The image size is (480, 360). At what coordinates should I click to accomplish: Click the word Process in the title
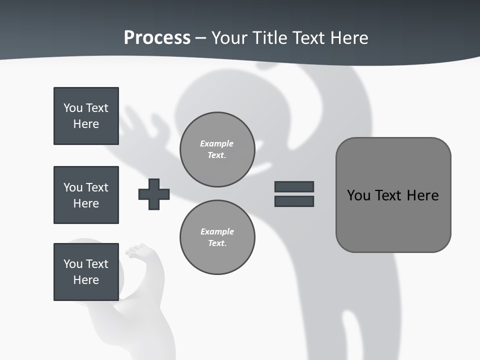(x=157, y=38)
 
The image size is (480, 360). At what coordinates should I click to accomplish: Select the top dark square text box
(x=86, y=116)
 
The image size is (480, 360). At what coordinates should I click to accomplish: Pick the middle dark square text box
(x=86, y=195)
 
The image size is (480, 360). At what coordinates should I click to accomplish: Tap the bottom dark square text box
(x=86, y=272)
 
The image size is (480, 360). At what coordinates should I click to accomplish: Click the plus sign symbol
(x=154, y=194)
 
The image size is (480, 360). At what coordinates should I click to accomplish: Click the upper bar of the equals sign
(x=294, y=186)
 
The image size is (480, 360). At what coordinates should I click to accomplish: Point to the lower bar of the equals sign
(x=294, y=201)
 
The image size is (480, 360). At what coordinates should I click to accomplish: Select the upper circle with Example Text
(x=217, y=149)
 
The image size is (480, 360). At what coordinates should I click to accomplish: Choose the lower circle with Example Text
(x=217, y=237)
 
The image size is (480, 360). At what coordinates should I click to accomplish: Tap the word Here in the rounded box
(x=422, y=195)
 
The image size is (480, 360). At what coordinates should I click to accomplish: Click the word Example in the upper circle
(x=217, y=143)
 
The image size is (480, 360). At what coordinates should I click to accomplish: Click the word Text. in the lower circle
(x=217, y=243)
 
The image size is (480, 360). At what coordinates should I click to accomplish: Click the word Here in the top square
(x=86, y=124)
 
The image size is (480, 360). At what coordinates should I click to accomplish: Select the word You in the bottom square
(x=73, y=264)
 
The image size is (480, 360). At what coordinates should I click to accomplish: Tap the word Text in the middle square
(x=96, y=187)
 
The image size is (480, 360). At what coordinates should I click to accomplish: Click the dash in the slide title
(x=200, y=38)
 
